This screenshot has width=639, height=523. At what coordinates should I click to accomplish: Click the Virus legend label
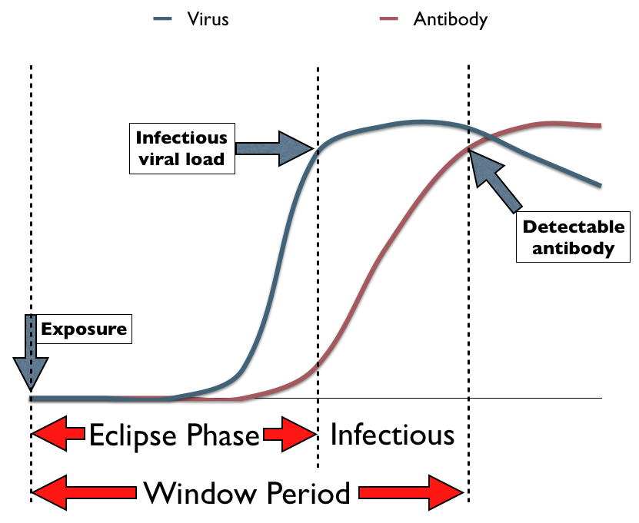(208, 19)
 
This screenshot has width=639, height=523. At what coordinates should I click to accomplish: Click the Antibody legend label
(450, 19)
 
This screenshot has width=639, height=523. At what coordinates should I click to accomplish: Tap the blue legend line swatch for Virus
(163, 19)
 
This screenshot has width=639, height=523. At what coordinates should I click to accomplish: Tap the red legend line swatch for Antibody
(390, 19)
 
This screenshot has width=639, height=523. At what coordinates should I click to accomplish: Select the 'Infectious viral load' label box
(181, 148)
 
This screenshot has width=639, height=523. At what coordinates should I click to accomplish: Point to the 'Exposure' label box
(82, 329)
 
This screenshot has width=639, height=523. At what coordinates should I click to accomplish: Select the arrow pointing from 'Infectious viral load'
(273, 148)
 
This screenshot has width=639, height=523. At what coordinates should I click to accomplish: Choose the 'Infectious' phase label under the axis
(392, 435)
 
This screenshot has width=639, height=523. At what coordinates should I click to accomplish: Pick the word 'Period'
(305, 492)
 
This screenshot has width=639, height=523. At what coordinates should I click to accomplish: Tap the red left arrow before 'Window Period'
(85, 492)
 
